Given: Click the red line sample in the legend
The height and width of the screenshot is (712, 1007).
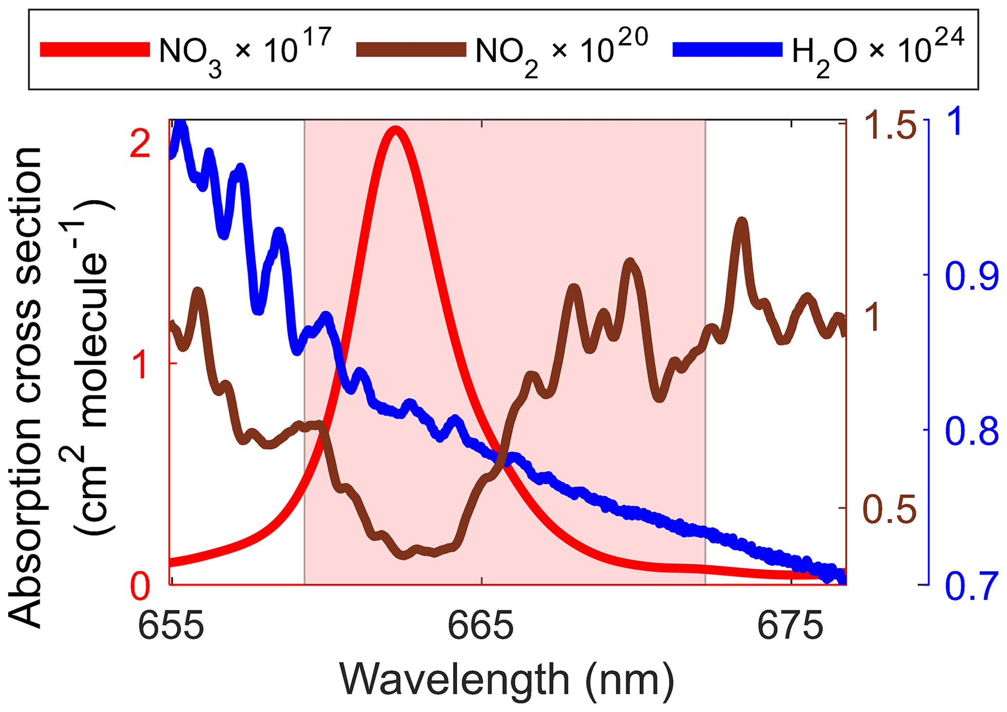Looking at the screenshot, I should [95, 50].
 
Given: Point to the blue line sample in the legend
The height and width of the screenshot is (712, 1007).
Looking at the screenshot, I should [727, 50].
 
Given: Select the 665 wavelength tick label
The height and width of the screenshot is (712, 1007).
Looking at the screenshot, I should [481, 626].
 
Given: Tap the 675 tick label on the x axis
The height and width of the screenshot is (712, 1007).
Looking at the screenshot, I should [790, 626].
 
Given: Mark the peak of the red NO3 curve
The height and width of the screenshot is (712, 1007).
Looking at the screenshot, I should [396, 130].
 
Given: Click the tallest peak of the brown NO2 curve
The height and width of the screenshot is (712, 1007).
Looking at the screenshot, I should [741, 223].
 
